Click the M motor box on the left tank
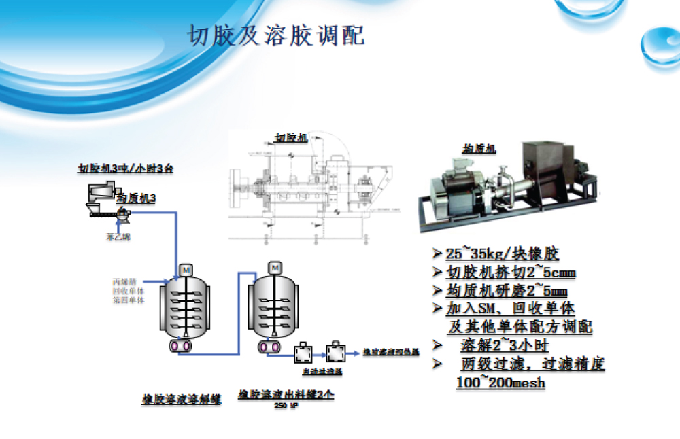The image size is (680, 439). pyautogui.click(x=185, y=270)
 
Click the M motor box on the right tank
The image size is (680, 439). pyautogui.click(x=275, y=269)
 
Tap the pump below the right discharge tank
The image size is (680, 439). pyautogui.click(x=270, y=347)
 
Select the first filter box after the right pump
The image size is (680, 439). pyautogui.click(x=303, y=353)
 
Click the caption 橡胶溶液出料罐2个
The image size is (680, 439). pyautogui.click(x=286, y=394)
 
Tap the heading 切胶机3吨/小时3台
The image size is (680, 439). pyautogui.click(x=124, y=168)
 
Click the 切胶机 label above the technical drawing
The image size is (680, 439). pyautogui.click(x=290, y=137)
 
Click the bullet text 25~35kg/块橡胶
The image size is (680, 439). pyautogui.click(x=502, y=254)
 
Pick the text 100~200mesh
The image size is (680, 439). pyautogui.click(x=500, y=383)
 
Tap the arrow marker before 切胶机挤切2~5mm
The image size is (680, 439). pyautogui.click(x=437, y=273)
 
